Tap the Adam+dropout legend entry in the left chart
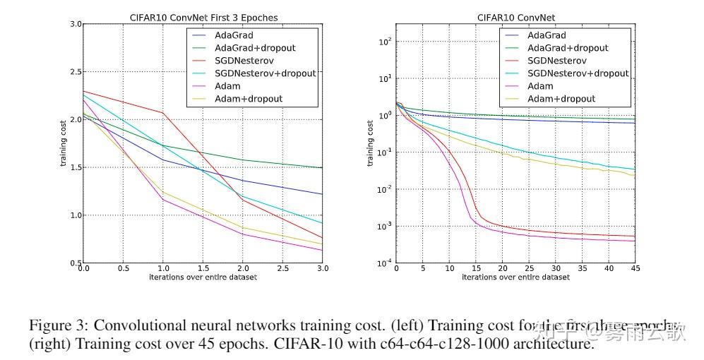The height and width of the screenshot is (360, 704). click(248, 98)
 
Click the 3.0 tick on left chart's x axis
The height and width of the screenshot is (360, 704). click(321, 270)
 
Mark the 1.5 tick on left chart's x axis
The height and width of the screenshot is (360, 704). click(203, 270)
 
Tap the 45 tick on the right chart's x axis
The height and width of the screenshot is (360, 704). click(633, 270)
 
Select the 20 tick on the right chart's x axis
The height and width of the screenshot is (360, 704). click(501, 270)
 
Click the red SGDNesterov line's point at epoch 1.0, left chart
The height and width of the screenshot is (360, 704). click(163, 113)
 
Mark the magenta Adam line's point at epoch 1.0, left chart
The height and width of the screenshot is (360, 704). click(163, 200)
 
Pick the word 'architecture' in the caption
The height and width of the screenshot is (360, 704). click(556, 344)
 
